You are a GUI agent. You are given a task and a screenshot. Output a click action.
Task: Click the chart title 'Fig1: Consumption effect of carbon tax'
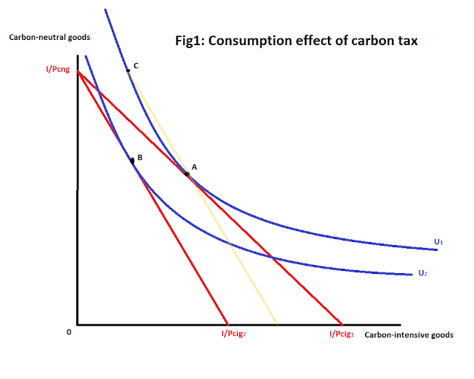click(x=294, y=41)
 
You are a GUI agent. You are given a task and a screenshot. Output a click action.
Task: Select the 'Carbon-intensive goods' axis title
click(x=409, y=335)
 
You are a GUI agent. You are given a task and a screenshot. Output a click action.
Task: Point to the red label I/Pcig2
click(x=233, y=335)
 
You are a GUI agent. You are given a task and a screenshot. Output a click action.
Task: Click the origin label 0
click(x=69, y=332)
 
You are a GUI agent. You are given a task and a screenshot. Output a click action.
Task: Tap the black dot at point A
click(x=187, y=173)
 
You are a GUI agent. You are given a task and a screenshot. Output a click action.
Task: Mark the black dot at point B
click(x=132, y=160)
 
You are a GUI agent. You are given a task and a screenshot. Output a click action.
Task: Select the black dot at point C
click(x=128, y=70)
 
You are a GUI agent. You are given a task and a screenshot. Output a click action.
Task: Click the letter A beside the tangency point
click(x=194, y=167)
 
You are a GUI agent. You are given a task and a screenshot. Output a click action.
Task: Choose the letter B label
click(x=139, y=158)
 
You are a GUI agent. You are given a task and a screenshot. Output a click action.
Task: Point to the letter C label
click(x=136, y=66)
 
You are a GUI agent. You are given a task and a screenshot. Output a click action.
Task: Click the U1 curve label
click(x=438, y=241)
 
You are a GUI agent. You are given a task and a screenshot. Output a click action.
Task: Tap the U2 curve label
click(x=422, y=273)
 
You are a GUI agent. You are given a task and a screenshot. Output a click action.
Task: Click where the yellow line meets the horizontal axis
click(x=276, y=323)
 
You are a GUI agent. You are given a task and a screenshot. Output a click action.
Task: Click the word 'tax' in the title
click(x=407, y=41)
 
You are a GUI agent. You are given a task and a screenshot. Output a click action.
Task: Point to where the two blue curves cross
click(x=271, y=258)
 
